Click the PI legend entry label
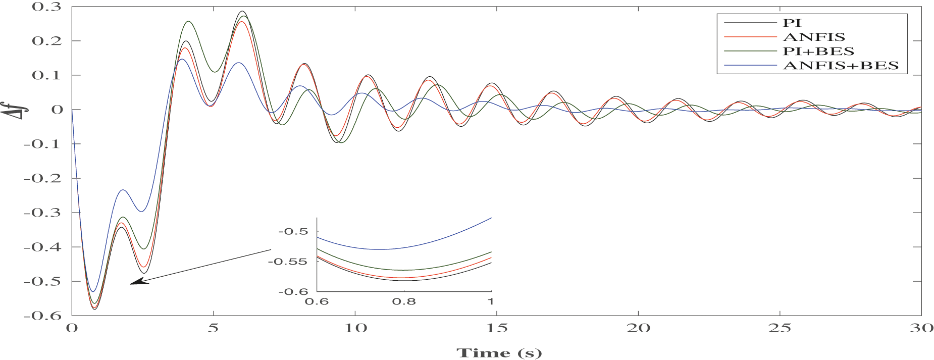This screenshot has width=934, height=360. coord(792,23)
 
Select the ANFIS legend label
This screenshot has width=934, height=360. coord(813,37)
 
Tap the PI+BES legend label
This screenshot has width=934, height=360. coord(818,51)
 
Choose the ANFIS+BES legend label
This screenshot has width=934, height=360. coord(840,66)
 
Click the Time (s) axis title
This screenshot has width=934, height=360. coord(498,352)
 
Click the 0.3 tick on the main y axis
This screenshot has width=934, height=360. coord(46,7)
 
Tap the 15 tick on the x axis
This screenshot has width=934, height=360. coord(497,328)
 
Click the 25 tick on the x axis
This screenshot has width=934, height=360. coord(780,328)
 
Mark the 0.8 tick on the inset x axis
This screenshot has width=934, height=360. coord(404,301)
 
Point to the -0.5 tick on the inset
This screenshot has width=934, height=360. coord(293,231)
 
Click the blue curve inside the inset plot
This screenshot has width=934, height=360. coord(379,249)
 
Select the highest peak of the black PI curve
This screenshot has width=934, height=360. coord(242,11)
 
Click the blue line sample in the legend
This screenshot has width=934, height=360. coord(750,66)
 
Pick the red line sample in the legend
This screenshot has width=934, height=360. coord(750,37)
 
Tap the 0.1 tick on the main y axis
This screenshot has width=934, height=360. coord(46,75)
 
